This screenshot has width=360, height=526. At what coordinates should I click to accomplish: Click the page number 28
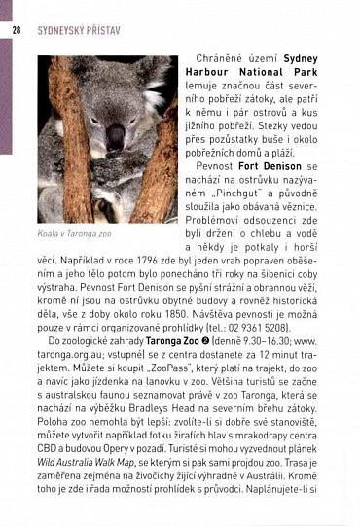[x=17, y=30]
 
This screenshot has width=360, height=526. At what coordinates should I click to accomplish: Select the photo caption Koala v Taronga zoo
[x=75, y=234]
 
